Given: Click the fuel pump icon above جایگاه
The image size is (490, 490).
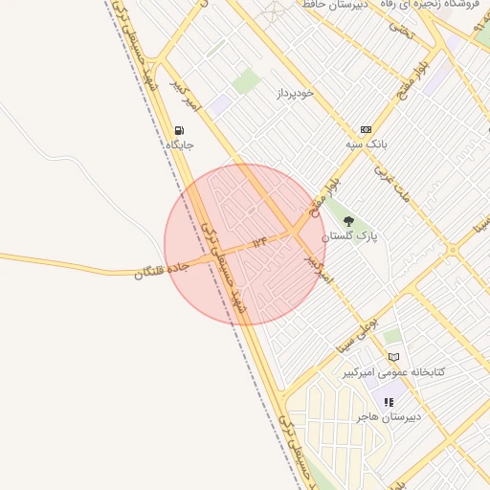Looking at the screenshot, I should click(180, 130).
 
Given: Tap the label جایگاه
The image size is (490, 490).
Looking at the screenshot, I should click(180, 145).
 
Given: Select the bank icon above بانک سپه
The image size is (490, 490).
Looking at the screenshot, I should click(366, 129).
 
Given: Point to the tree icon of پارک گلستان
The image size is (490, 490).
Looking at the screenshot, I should click(348, 221).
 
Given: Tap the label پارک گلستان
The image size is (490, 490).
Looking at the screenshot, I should click(349, 235).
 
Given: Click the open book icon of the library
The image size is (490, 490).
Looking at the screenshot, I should click(393, 357).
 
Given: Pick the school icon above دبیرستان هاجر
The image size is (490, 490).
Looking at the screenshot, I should click(389, 403).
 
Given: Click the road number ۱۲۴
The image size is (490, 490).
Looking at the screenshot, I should click(259, 243).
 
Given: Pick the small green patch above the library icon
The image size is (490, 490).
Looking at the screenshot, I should click(392, 336).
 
